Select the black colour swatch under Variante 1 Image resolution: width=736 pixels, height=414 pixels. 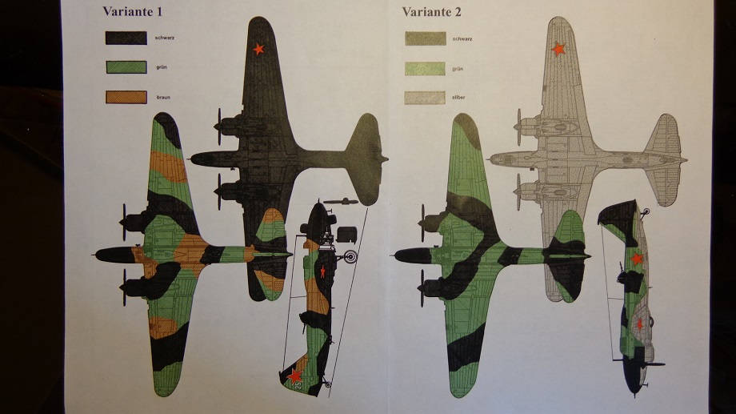pos(126,38)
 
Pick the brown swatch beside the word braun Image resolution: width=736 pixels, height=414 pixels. pos(126,97)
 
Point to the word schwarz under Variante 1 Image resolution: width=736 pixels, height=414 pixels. pos(165,38)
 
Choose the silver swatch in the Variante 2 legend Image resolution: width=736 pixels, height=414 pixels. pos(425,97)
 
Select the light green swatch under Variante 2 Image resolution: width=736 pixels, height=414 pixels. pos(425,69)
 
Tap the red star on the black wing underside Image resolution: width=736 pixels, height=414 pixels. pos(258,50)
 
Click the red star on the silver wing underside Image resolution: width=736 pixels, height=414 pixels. pos(558,50)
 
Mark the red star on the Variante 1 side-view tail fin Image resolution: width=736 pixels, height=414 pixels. pos(295,374)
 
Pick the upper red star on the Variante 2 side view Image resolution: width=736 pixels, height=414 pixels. pos(637,259)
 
